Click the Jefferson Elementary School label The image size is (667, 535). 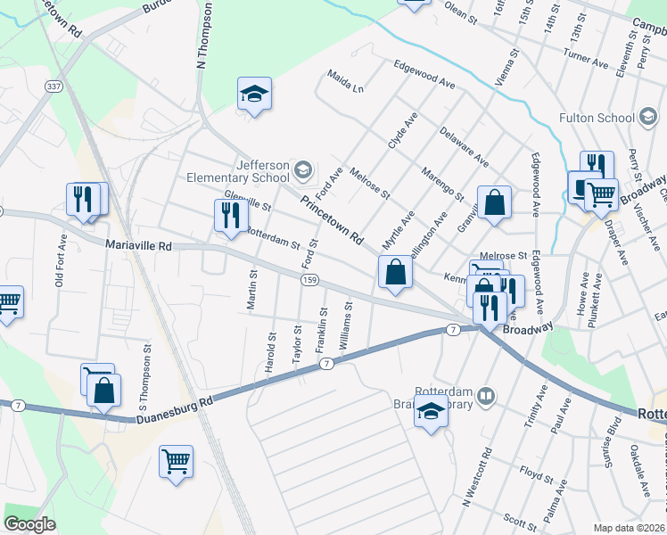[x=238, y=171]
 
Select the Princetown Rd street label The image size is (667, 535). [x=333, y=221]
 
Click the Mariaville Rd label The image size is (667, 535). [x=137, y=244]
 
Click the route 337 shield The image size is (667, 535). [x=55, y=86]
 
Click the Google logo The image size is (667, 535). [x=29, y=524]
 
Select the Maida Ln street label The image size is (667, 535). [x=346, y=81]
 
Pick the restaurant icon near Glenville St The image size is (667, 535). [x=231, y=215]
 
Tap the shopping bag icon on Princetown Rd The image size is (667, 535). [x=394, y=272]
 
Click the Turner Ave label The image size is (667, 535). [x=584, y=54]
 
